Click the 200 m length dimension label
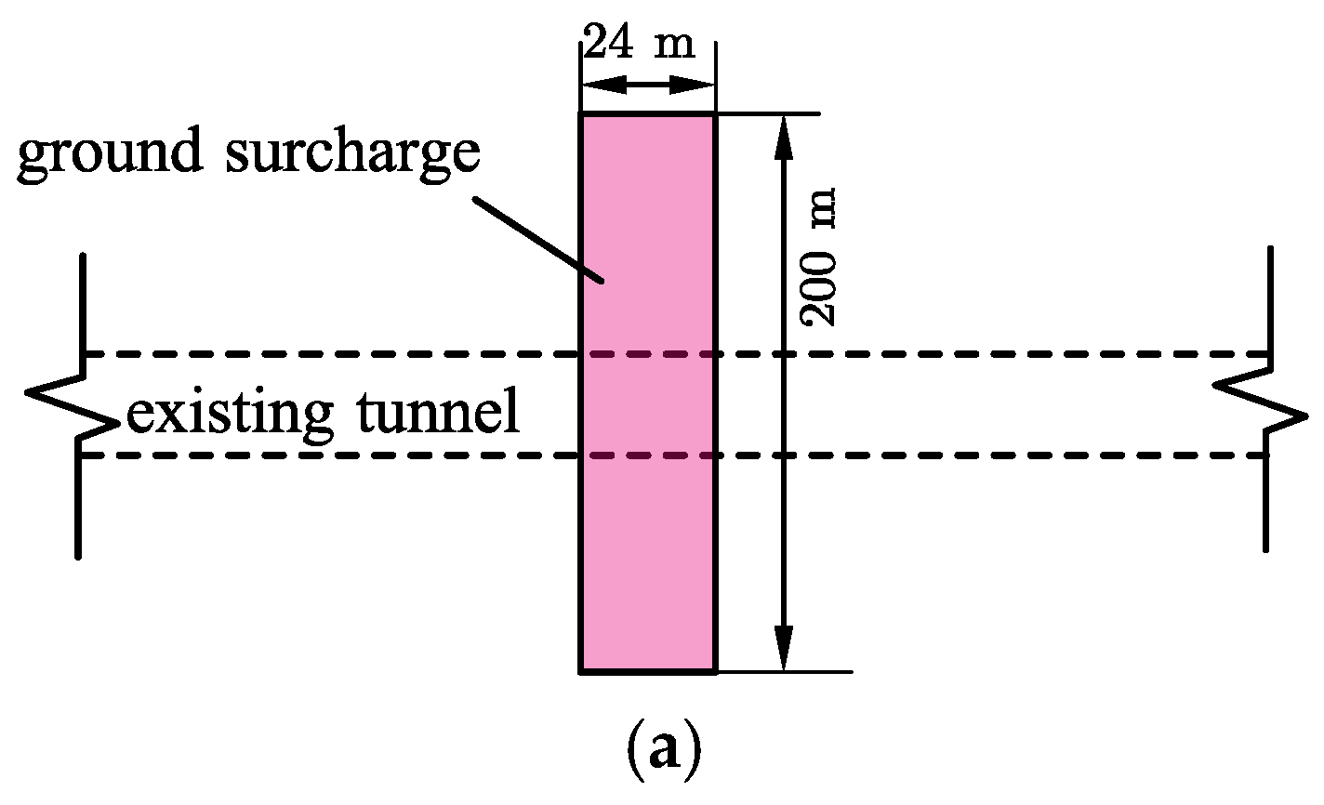click(819, 257)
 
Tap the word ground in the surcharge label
click(110, 154)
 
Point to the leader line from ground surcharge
click(539, 238)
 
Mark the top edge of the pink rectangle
click(648, 114)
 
